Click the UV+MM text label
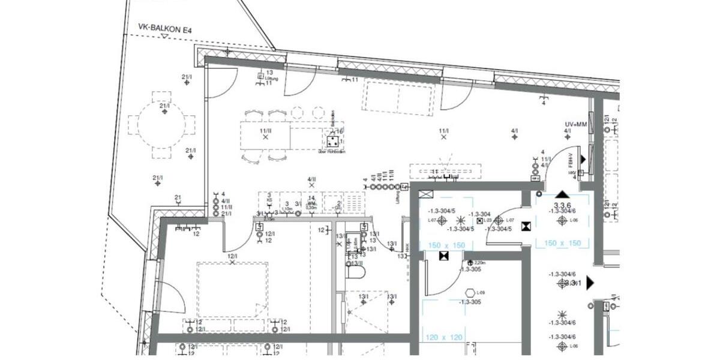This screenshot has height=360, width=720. (x=575, y=124)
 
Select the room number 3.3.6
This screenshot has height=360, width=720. (x=562, y=205)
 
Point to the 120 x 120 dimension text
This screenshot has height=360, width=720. (x=444, y=338)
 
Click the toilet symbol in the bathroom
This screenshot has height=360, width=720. (x=356, y=272)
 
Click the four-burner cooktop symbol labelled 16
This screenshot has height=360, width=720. (x=333, y=142)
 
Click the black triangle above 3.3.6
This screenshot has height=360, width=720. (x=562, y=194)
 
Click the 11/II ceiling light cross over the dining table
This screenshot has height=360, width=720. (x=265, y=137)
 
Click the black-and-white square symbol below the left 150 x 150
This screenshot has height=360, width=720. (x=444, y=256)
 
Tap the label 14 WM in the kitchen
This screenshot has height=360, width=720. (x=311, y=201)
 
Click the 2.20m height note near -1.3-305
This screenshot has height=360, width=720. (x=479, y=263)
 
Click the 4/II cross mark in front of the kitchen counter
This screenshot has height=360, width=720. (x=311, y=186)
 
